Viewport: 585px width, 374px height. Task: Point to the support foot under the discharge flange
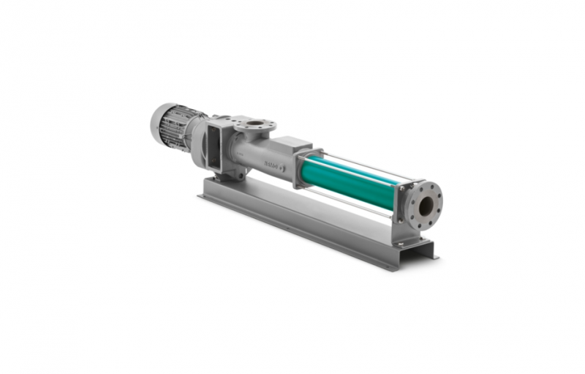click(x=409, y=239)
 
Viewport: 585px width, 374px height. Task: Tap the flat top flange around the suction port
click(x=241, y=121)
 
